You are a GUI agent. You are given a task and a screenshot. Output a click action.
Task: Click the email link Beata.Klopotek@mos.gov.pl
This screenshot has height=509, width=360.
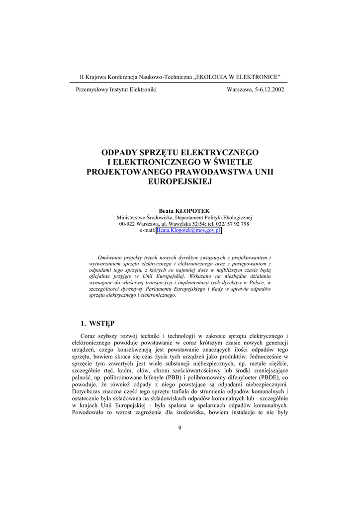click(188, 231)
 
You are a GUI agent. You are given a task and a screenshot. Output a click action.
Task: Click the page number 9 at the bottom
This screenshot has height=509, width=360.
click(180, 428)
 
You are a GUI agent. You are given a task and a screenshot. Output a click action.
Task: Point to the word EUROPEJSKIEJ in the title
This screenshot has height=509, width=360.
click(180, 181)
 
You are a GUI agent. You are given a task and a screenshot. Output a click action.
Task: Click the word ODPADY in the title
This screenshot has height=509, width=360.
click(119, 152)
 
